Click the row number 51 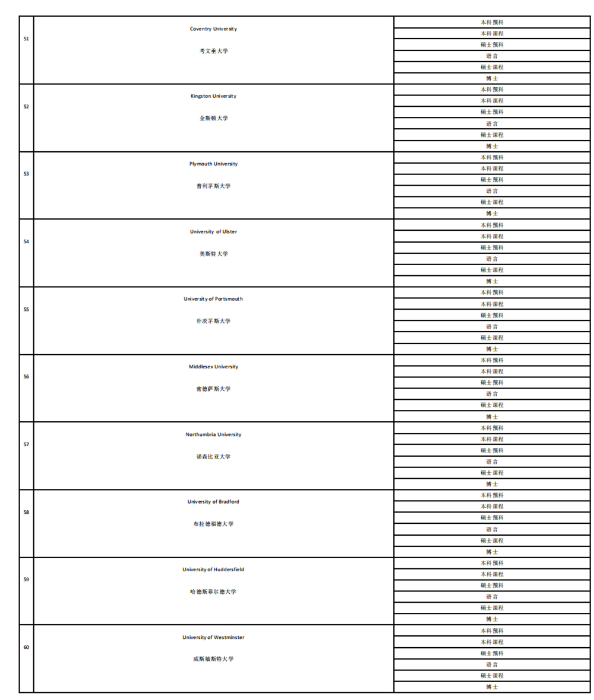(x=26, y=39)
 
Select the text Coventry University (x=213, y=29)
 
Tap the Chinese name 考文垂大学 (x=213, y=51)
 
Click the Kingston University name (x=213, y=96)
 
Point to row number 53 (x=26, y=174)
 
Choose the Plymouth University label (x=213, y=164)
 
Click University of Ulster (x=213, y=231)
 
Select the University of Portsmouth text (x=213, y=299)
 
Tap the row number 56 (x=26, y=377)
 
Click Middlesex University (x=213, y=367)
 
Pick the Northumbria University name (x=213, y=434)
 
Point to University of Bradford (x=213, y=502)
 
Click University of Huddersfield (x=213, y=569)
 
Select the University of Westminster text (x=213, y=637)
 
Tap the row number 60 (x=26, y=647)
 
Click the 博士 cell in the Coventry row (x=492, y=78)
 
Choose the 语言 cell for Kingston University (x=492, y=123)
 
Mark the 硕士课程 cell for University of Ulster (x=492, y=270)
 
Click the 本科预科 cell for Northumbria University (x=492, y=428)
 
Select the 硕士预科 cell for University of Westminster (x=492, y=653)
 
